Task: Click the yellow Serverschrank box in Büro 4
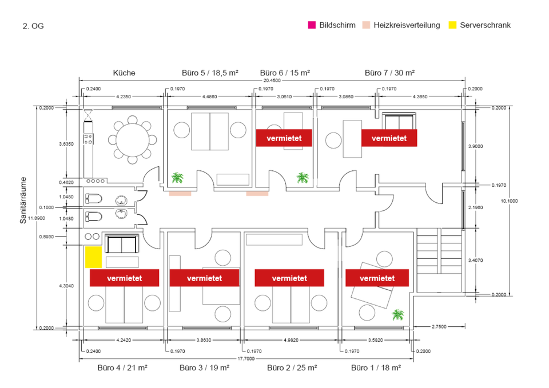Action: pyautogui.click(x=93, y=257)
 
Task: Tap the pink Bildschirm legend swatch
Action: pyautogui.click(x=312, y=25)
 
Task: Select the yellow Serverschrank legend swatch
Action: pyautogui.click(x=452, y=25)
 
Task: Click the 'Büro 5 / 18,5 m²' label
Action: pyautogui.click(x=210, y=73)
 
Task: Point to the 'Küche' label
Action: pyautogui.click(x=124, y=73)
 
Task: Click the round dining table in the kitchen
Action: pyautogui.click(x=132, y=140)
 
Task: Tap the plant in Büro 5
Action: pyautogui.click(x=177, y=178)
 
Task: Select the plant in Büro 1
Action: pyautogui.click(x=398, y=314)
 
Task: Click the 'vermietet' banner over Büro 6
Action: pyautogui.click(x=284, y=138)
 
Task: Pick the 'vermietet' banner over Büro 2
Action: pyautogui.click(x=289, y=278)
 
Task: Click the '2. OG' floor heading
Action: pyautogui.click(x=33, y=26)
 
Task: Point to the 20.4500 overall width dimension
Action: pyautogui.click(x=272, y=81)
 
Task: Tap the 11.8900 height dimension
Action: pyautogui.click(x=37, y=218)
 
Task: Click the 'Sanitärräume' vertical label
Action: pyautogui.click(x=23, y=200)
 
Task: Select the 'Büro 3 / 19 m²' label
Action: pyautogui.click(x=205, y=367)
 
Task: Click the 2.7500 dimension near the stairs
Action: pyautogui.click(x=439, y=326)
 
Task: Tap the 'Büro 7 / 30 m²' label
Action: pyautogui.click(x=389, y=73)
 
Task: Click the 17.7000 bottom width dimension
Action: pyautogui.click(x=246, y=359)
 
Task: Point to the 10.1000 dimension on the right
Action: pyautogui.click(x=509, y=201)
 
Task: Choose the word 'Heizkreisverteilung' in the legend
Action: pyautogui.click(x=407, y=25)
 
